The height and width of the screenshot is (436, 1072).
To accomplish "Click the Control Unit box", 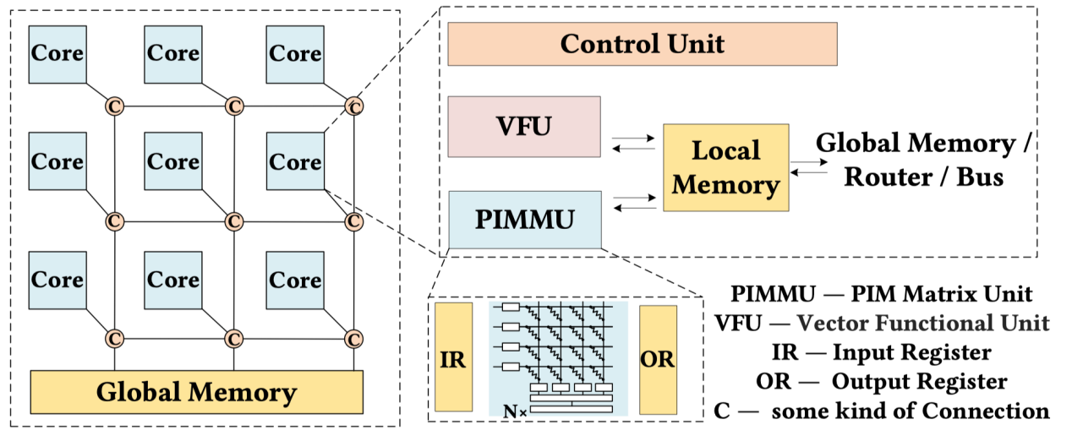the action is click(x=643, y=44).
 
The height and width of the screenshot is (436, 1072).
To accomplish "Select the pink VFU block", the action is click(x=524, y=127).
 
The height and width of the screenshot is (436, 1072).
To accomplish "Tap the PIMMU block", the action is click(x=525, y=220).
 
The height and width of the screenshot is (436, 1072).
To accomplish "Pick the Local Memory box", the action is click(x=726, y=168).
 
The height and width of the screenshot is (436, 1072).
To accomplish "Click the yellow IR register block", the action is click(x=453, y=357).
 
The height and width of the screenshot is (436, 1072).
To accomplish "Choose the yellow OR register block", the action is click(x=658, y=359).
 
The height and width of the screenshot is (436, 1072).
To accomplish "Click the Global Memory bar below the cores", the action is click(x=197, y=392).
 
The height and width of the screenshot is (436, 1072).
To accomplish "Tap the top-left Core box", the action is click(x=57, y=54).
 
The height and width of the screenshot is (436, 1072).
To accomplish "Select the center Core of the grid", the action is click(x=173, y=161).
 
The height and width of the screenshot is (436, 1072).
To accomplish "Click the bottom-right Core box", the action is click(x=295, y=281).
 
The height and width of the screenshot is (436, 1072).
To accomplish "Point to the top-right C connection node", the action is click(x=354, y=106).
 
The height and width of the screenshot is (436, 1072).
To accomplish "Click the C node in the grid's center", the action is click(x=234, y=222).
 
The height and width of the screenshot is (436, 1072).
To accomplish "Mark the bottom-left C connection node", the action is click(x=114, y=339).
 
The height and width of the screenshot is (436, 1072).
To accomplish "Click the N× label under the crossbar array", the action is click(x=515, y=411).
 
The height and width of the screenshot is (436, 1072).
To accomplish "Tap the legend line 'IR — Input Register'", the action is click(x=882, y=353).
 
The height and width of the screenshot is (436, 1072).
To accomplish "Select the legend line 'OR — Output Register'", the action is click(x=882, y=382).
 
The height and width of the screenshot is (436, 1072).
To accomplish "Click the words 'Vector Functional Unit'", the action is click(x=923, y=323).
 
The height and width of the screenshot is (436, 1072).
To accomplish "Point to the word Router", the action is click(x=889, y=177).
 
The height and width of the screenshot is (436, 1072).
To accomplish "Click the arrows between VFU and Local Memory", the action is click(x=633, y=144).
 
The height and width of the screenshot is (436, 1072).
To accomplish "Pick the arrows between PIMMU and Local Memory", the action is click(x=635, y=203).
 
